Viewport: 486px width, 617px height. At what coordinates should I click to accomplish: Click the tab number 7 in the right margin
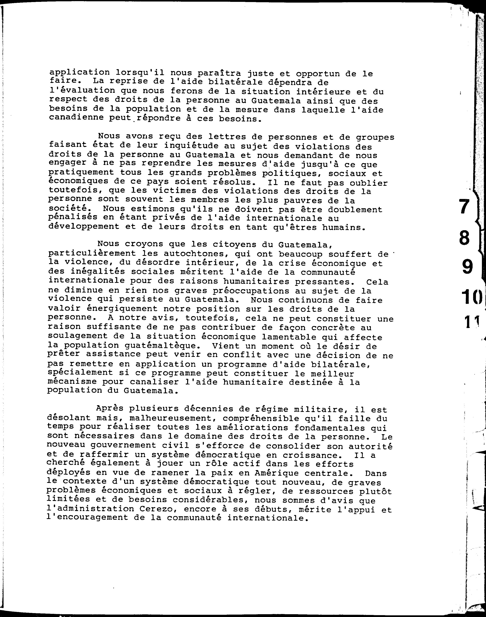[x=464, y=206]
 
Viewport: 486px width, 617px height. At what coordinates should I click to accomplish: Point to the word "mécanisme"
[x=72, y=381]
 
